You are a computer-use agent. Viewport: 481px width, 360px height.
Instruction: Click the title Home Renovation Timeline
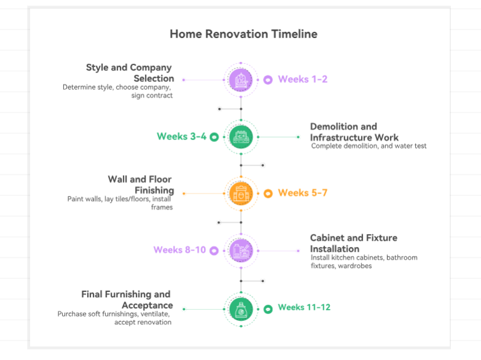243,34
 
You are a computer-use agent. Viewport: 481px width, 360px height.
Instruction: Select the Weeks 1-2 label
302,79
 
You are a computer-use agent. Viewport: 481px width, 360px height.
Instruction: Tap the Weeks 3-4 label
181,136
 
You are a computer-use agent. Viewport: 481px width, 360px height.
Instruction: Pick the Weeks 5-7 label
302,193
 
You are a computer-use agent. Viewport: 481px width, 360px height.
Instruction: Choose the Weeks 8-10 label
179,250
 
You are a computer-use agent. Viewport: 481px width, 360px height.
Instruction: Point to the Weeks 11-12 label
303,307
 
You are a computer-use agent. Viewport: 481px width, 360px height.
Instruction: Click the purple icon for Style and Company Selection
241,80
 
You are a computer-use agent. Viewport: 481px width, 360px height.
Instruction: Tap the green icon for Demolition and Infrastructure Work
241,136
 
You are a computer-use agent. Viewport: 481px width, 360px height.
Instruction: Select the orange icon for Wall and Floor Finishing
241,194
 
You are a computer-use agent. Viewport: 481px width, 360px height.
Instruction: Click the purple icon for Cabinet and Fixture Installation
241,250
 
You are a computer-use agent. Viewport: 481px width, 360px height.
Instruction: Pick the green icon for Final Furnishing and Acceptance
241,308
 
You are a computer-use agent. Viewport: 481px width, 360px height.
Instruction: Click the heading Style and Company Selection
130,73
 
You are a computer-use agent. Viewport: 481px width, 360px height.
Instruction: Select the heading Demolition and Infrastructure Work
354,132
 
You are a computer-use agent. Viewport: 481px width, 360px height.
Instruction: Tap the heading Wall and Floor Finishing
141,185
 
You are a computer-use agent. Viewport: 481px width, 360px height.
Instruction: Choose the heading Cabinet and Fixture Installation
353,243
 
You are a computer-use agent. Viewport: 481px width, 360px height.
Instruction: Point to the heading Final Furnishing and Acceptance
127,300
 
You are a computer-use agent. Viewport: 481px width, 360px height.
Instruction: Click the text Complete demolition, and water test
369,146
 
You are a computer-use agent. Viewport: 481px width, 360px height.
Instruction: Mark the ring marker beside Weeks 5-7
268,194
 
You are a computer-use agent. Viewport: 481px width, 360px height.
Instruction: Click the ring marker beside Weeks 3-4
214,137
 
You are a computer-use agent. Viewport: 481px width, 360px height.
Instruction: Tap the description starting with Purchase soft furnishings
115,318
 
